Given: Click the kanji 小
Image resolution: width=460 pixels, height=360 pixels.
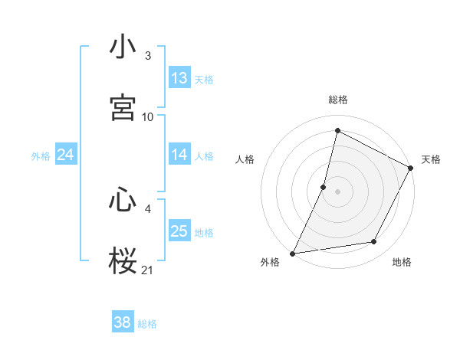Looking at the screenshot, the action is (123, 47).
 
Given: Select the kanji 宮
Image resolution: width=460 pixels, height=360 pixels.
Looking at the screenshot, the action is (123, 107).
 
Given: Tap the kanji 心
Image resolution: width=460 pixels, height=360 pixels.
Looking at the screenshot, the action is (123, 201).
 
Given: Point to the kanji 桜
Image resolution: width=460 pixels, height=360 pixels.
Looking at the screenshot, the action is (123, 260).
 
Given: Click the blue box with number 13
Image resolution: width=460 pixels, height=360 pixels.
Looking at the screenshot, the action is (179, 78).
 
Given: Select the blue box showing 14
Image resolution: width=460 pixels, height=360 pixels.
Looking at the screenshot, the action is (179, 155).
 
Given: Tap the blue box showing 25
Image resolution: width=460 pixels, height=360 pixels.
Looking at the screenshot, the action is (179, 231).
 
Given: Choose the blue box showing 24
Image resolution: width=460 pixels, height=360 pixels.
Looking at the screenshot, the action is (66, 155).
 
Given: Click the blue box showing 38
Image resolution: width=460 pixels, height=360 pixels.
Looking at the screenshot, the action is (123, 322).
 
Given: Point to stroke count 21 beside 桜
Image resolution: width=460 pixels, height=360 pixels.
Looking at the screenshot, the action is (148, 270).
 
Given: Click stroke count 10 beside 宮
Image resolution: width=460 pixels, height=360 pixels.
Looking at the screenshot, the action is (148, 116).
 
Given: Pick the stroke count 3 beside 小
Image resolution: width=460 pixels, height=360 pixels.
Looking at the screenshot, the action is (148, 56).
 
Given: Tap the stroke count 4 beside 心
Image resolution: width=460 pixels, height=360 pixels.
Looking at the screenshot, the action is (148, 208).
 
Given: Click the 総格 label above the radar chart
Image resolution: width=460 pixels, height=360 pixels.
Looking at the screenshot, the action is (338, 100).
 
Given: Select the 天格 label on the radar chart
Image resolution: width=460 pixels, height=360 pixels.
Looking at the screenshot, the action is (431, 159).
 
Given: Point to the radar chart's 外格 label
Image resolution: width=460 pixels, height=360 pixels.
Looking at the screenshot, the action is (270, 262).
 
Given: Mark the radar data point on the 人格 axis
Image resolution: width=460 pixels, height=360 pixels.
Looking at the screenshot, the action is (324, 186).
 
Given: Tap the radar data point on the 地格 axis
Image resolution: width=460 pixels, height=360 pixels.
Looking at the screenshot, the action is (374, 242).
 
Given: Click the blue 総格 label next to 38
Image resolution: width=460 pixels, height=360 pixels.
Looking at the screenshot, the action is (147, 324).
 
